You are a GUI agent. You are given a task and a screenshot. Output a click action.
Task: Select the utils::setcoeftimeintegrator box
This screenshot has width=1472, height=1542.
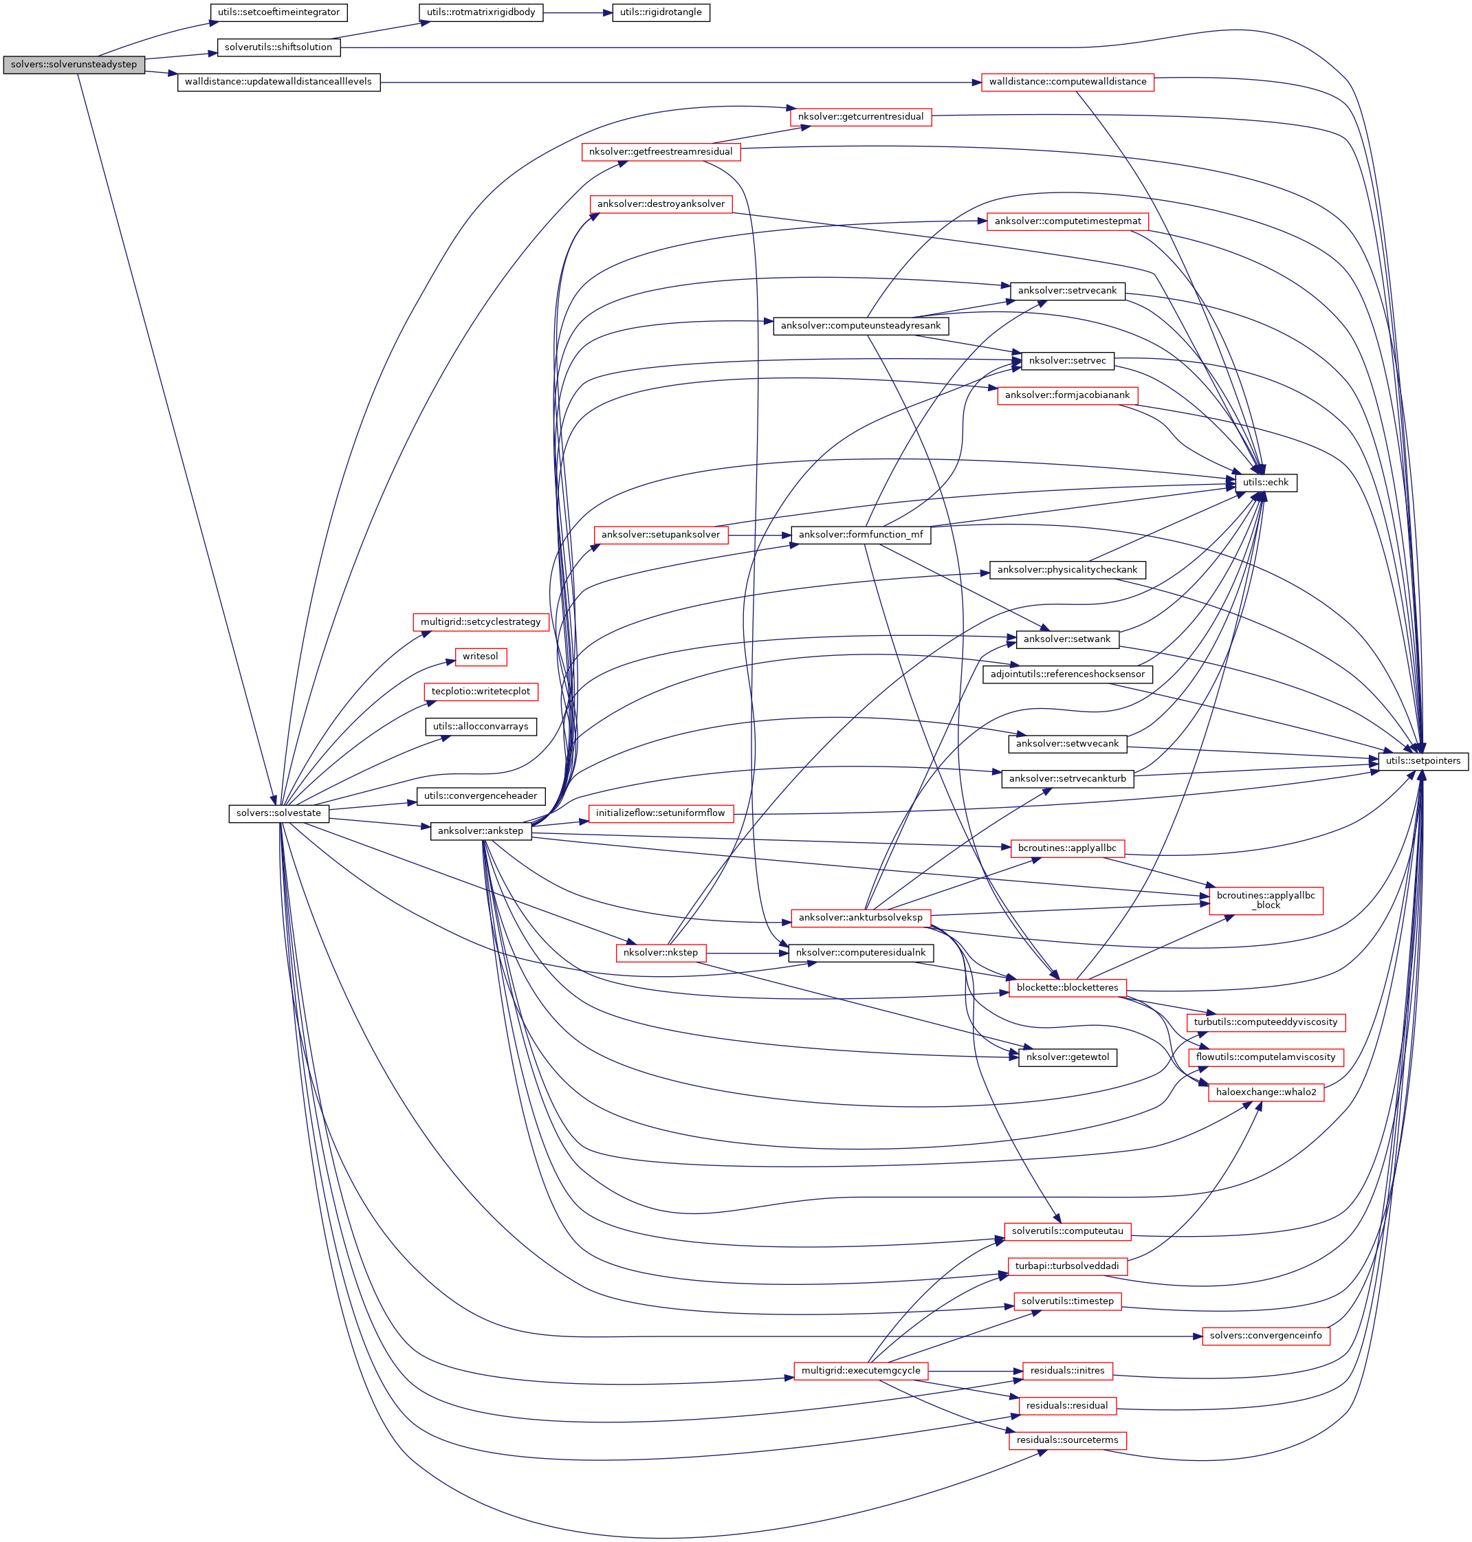[279, 12]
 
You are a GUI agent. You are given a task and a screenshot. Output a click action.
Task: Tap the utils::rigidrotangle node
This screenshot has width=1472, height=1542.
[661, 12]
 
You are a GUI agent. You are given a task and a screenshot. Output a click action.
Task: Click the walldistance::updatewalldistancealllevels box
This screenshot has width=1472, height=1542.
[278, 82]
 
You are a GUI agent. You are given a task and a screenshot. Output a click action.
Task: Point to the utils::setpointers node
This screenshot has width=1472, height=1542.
[1422, 760]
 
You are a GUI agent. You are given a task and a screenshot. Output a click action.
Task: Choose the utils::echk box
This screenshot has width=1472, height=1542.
[1266, 483]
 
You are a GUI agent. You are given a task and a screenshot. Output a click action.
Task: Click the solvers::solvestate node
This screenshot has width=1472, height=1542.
[278, 813]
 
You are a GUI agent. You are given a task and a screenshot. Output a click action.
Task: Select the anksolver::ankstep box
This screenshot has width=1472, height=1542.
[480, 831]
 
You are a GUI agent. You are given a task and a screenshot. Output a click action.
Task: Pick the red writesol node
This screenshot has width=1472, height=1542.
[480, 656]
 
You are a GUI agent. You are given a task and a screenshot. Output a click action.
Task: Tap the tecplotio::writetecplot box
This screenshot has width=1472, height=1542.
[480, 692]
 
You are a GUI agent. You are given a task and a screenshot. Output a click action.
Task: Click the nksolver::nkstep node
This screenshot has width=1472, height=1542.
[661, 953]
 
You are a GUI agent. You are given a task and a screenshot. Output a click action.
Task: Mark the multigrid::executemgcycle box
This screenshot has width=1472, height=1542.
[861, 1371]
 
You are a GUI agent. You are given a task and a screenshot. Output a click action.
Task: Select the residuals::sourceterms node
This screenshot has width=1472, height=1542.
[1067, 1440]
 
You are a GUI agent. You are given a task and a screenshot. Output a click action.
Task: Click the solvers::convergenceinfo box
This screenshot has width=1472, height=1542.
[1266, 1336]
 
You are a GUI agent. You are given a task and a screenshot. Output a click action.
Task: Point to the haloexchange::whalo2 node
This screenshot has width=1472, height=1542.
[1266, 1092]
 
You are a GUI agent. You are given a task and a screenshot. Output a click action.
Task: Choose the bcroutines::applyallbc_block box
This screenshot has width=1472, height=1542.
[1266, 900]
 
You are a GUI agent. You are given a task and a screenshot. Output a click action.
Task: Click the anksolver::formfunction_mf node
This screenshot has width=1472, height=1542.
[861, 534]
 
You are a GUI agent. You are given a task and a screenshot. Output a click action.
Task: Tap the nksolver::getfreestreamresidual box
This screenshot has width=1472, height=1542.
[661, 151]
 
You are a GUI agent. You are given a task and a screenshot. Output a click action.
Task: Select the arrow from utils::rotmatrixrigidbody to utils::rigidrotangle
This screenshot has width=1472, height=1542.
[577, 12]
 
